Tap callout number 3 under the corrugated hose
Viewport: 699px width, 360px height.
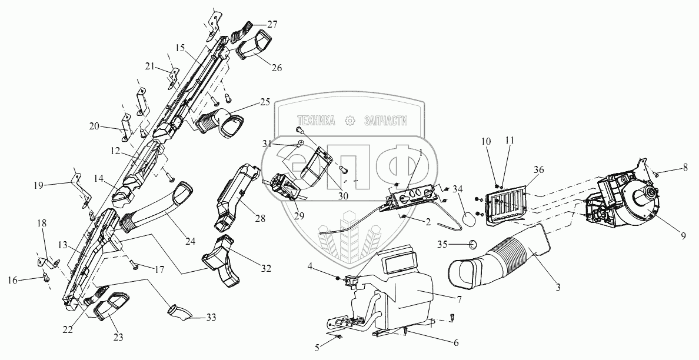558,288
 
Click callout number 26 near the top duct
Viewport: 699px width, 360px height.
277,68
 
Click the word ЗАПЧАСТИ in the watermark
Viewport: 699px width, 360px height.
386,121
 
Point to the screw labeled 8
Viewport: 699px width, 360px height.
655,174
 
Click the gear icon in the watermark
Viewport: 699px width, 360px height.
351,121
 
